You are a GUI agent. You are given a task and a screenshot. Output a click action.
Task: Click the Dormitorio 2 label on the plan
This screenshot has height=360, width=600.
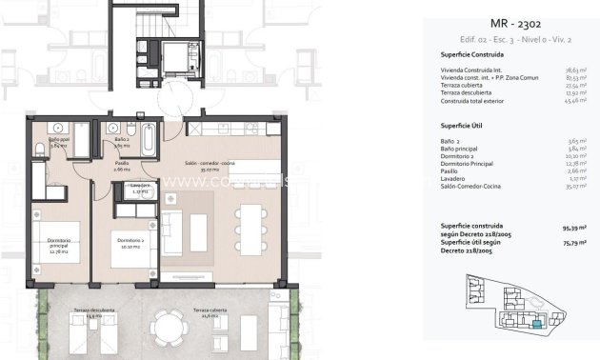[x=131, y=240]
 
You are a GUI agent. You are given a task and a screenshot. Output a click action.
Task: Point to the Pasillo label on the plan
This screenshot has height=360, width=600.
[x=122, y=166]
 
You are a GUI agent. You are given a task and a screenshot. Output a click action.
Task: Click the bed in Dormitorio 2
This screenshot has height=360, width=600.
[x=129, y=252]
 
